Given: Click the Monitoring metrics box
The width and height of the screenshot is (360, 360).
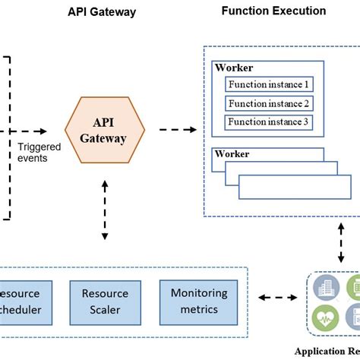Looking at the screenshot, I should click(198, 301).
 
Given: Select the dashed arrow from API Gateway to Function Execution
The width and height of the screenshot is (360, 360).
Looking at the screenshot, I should click(179, 131).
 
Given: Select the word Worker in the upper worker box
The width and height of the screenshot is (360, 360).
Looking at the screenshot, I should click(232, 68).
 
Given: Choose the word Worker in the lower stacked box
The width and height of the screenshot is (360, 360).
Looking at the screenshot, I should click(232, 154).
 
